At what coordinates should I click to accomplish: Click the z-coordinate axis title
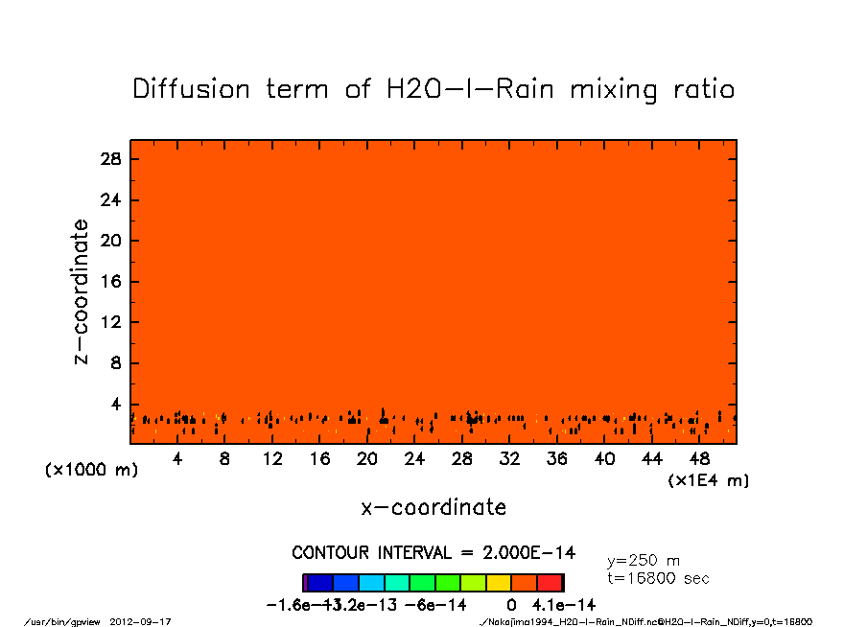[x=82, y=291]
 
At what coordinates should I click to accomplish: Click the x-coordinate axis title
[x=433, y=507]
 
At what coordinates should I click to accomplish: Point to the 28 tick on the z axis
[x=110, y=159]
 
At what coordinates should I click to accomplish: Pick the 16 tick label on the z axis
[x=110, y=282]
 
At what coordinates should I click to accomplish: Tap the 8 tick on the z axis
[x=115, y=363]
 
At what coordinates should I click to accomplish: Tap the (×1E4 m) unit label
[x=709, y=480]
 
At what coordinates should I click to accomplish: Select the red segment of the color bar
[x=551, y=582]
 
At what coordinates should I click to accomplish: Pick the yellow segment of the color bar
[x=499, y=582]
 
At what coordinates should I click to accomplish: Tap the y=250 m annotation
[x=644, y=561]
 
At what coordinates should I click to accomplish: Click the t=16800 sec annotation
[x=658, y=578]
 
